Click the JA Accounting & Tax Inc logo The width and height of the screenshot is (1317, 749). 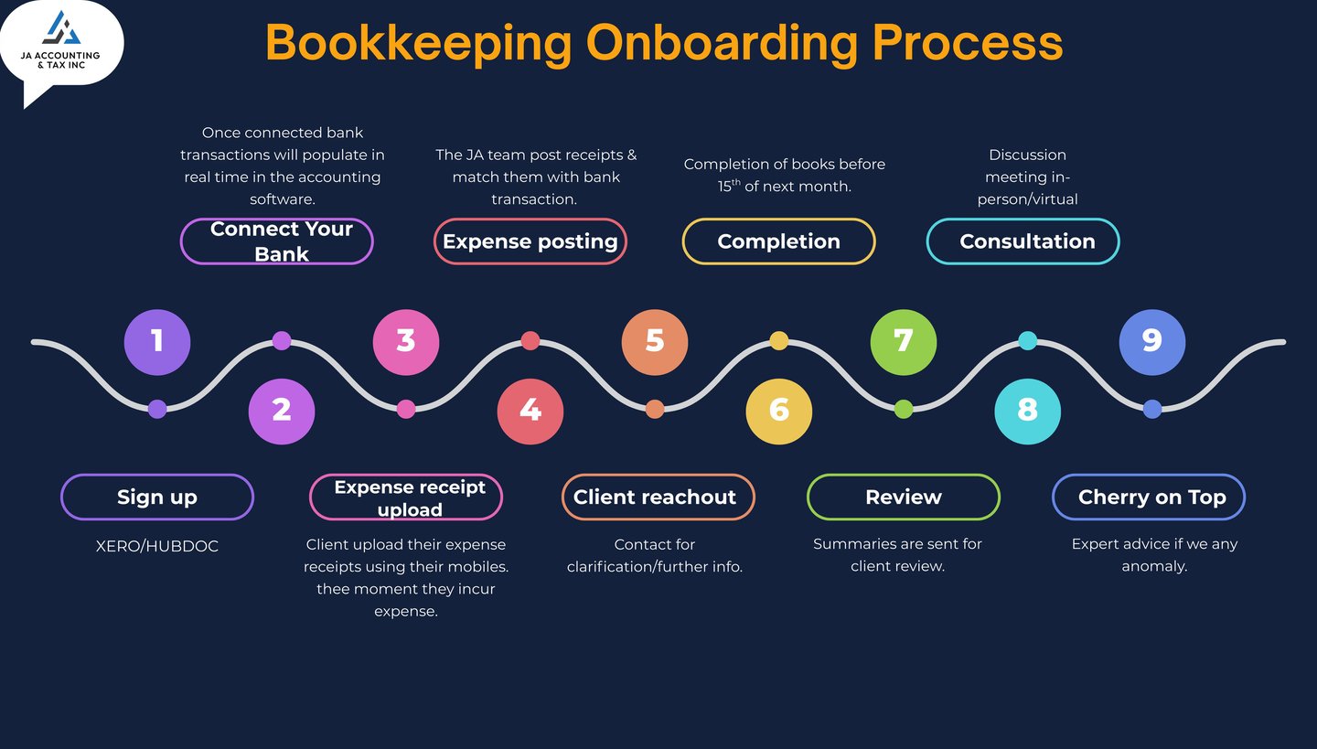60,43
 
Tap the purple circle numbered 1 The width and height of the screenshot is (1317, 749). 157,342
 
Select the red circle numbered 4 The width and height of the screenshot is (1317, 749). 530,411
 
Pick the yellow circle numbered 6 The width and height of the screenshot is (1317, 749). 779,411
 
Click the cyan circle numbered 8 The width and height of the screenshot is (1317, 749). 1027,411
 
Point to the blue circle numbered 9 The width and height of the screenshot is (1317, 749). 1152,342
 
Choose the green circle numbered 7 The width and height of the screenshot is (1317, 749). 904,342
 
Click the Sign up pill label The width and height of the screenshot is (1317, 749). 157,498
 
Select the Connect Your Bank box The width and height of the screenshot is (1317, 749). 277,241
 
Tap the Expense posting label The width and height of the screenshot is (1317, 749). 530,241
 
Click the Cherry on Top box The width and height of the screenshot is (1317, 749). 1149,498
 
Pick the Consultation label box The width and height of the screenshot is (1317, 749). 1023,241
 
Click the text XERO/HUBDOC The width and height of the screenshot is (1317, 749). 157,547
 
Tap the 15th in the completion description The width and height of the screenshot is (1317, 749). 729,186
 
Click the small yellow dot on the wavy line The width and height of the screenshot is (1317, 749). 779,341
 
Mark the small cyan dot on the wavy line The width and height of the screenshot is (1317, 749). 1027,341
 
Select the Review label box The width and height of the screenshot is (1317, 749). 904,498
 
